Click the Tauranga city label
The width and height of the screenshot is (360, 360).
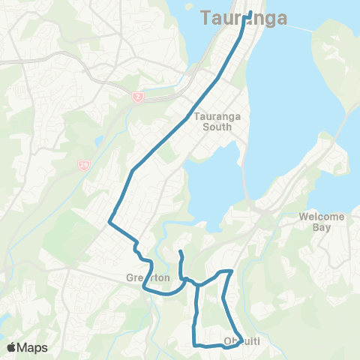click(x=244, y=19)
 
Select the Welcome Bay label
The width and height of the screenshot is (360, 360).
click(x=321, y=223)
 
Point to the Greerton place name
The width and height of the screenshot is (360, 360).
click(x=148, y=278)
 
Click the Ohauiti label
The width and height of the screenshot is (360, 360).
click(x=242, y=343)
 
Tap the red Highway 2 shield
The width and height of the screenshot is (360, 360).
click(x=137, y=97)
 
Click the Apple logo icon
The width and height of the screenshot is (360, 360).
click(x=12, y=347)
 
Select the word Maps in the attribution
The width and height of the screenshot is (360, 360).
click(x=33, y=347)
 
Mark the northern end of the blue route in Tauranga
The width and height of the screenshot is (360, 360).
click(x=249, y=12)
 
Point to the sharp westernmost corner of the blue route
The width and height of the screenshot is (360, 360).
click(x=109, y=222)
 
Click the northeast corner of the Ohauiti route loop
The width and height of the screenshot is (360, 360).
click(x=232, y=271)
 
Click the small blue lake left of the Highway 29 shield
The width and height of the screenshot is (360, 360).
click(x=98, y=142)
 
